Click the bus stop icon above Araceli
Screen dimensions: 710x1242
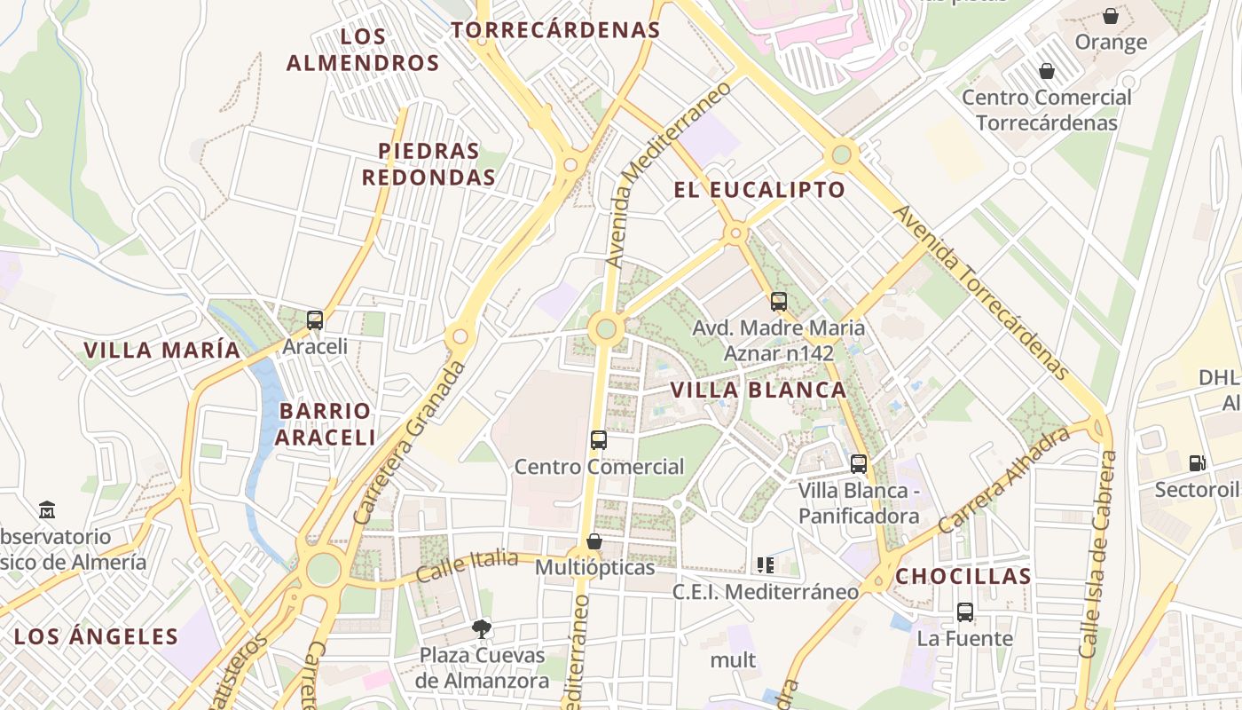(315, 320)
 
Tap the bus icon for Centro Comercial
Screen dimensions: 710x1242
(599, 439)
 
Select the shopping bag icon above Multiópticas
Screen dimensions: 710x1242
(594, 541)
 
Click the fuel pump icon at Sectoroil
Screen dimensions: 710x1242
(1197, 462)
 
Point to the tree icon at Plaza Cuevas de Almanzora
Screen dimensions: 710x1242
(482, 629)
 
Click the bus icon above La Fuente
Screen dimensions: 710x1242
(965, 611)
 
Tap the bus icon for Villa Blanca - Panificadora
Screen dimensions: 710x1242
(858, 463)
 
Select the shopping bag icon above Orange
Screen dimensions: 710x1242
(1110, 16)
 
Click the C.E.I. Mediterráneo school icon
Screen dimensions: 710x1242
(765, 564)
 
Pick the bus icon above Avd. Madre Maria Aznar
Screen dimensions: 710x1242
(779, 302)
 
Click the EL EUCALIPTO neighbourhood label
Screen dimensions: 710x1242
(759, 190)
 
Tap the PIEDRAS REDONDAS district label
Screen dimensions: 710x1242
(428, 164)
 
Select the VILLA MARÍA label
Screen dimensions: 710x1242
(162, 350)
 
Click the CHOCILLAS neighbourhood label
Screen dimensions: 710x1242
(963, 576)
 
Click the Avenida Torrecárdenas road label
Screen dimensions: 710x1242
(980, 292)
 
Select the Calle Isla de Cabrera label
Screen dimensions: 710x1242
(1098, 555)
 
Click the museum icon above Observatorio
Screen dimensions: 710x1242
(47, 509)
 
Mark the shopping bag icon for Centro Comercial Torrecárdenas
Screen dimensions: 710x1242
(1047, 71)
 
